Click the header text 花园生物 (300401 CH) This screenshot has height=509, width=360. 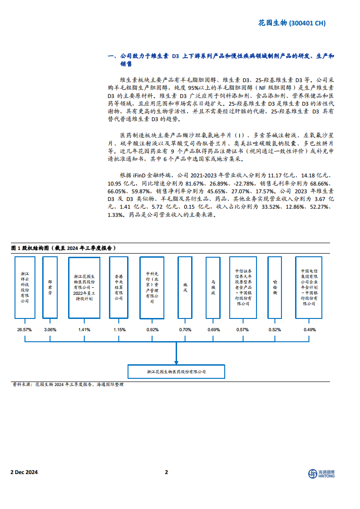point(291,24)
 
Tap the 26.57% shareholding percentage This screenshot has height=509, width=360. point(24,330)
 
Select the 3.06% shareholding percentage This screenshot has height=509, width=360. point(50,330)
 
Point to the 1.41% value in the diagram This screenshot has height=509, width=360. point(84,330)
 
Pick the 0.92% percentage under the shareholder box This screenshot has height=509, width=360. point(152,330)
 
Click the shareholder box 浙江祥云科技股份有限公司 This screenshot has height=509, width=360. point(25,287)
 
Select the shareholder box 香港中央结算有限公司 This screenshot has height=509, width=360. point(118,287)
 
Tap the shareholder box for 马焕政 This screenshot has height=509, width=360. point(213,287)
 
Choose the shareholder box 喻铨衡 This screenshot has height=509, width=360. point(275,287)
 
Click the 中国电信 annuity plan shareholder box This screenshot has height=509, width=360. point(309,287)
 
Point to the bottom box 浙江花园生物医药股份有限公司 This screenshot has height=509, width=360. point(176,372)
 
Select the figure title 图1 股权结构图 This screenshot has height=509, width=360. point(63,248)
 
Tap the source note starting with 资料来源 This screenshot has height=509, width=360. point(68,385)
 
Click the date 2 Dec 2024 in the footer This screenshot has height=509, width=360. point(24,472)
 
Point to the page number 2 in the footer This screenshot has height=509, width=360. point(166,472)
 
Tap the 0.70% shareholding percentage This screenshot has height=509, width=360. point(185,330)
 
